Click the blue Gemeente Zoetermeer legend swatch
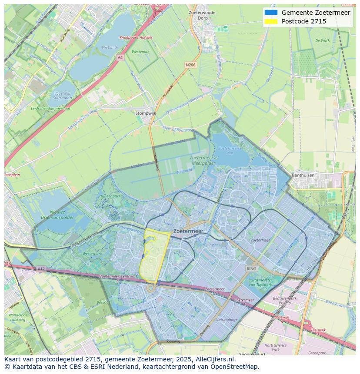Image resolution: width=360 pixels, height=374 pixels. tap(270, 13)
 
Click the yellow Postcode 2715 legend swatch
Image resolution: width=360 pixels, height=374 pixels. tap(270, 21)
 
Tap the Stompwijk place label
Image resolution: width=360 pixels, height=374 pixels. tap(146, 113)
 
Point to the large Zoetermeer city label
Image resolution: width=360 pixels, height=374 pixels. tap(188, 232)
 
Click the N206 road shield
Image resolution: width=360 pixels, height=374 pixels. tap(190, 65)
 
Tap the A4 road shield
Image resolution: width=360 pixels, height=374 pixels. tap(120, 57)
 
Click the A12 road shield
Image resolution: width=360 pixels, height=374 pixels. tap(41, 269)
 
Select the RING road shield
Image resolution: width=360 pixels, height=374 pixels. tap(251, 269)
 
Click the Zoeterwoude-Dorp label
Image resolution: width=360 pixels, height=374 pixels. tap(203, 15)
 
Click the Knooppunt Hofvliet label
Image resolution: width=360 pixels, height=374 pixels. tap(136, 38)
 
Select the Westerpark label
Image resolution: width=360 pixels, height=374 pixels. tap(92, 253)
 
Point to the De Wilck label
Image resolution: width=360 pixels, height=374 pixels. tap(322, 40)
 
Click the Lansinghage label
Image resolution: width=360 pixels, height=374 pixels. tap(227, 319)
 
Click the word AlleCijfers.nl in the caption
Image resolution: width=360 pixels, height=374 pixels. tap(215, 360)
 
